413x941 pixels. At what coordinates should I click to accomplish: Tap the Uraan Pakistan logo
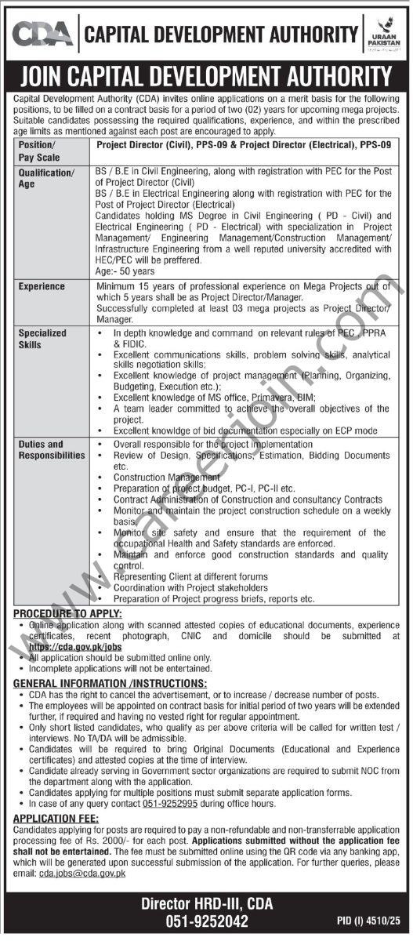[385, 34]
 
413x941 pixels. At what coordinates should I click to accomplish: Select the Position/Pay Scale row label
[37, 151]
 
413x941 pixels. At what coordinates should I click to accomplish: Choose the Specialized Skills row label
[43, 339]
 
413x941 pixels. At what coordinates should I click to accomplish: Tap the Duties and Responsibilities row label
[52, 450]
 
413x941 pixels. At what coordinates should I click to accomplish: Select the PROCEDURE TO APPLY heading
[67, 612]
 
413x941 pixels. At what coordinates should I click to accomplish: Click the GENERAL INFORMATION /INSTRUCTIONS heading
[110, 684]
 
